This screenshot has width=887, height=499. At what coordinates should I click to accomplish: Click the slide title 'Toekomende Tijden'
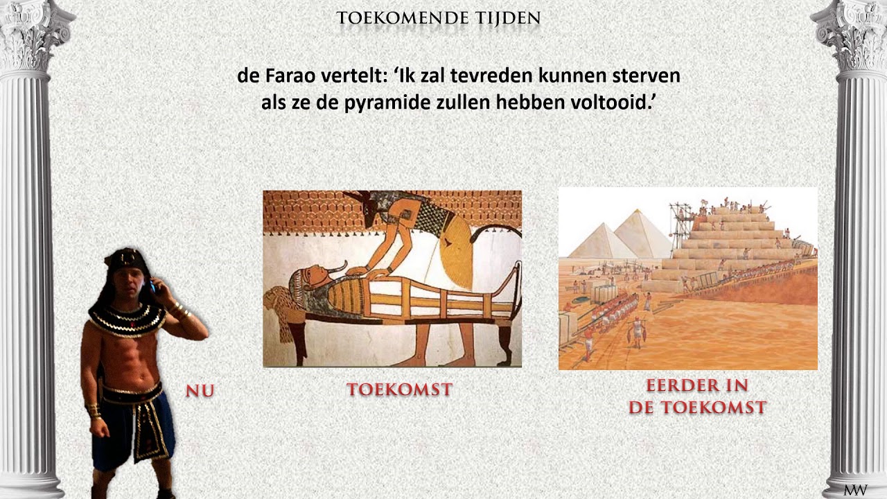(438, 17)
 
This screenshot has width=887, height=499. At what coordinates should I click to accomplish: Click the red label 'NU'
(200, 392)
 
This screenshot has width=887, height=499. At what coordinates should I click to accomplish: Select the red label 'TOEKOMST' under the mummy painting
(399, 390)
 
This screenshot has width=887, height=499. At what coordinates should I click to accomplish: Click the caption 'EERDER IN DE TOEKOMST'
(697, 396)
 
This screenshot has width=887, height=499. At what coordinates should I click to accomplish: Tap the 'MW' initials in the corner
(855, 490)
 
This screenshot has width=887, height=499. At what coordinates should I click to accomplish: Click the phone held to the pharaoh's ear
(154, 284)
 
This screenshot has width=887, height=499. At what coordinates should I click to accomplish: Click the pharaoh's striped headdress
(125, 260)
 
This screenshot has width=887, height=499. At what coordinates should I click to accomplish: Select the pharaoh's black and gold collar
(126, 319)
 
